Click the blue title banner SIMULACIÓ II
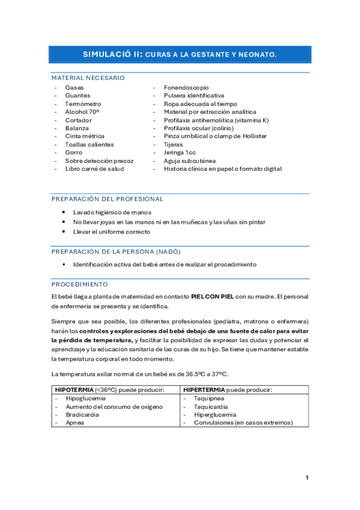(180, 54)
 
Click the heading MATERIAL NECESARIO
(88, 78)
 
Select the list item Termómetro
(83, 104)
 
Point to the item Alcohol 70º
(82, 112)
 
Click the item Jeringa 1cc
(180, 153)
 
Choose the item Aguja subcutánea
(190, 161)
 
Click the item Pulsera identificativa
(194, 96)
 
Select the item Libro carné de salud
(94, 169)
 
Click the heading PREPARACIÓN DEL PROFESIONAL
(107, 199)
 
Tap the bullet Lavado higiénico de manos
(112, 213)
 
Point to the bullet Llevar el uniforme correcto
(112, 232)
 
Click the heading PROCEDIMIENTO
(79, 284)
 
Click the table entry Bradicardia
(82, 414)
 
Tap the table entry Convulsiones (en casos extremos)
(243, 422)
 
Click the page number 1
(307, 478)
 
